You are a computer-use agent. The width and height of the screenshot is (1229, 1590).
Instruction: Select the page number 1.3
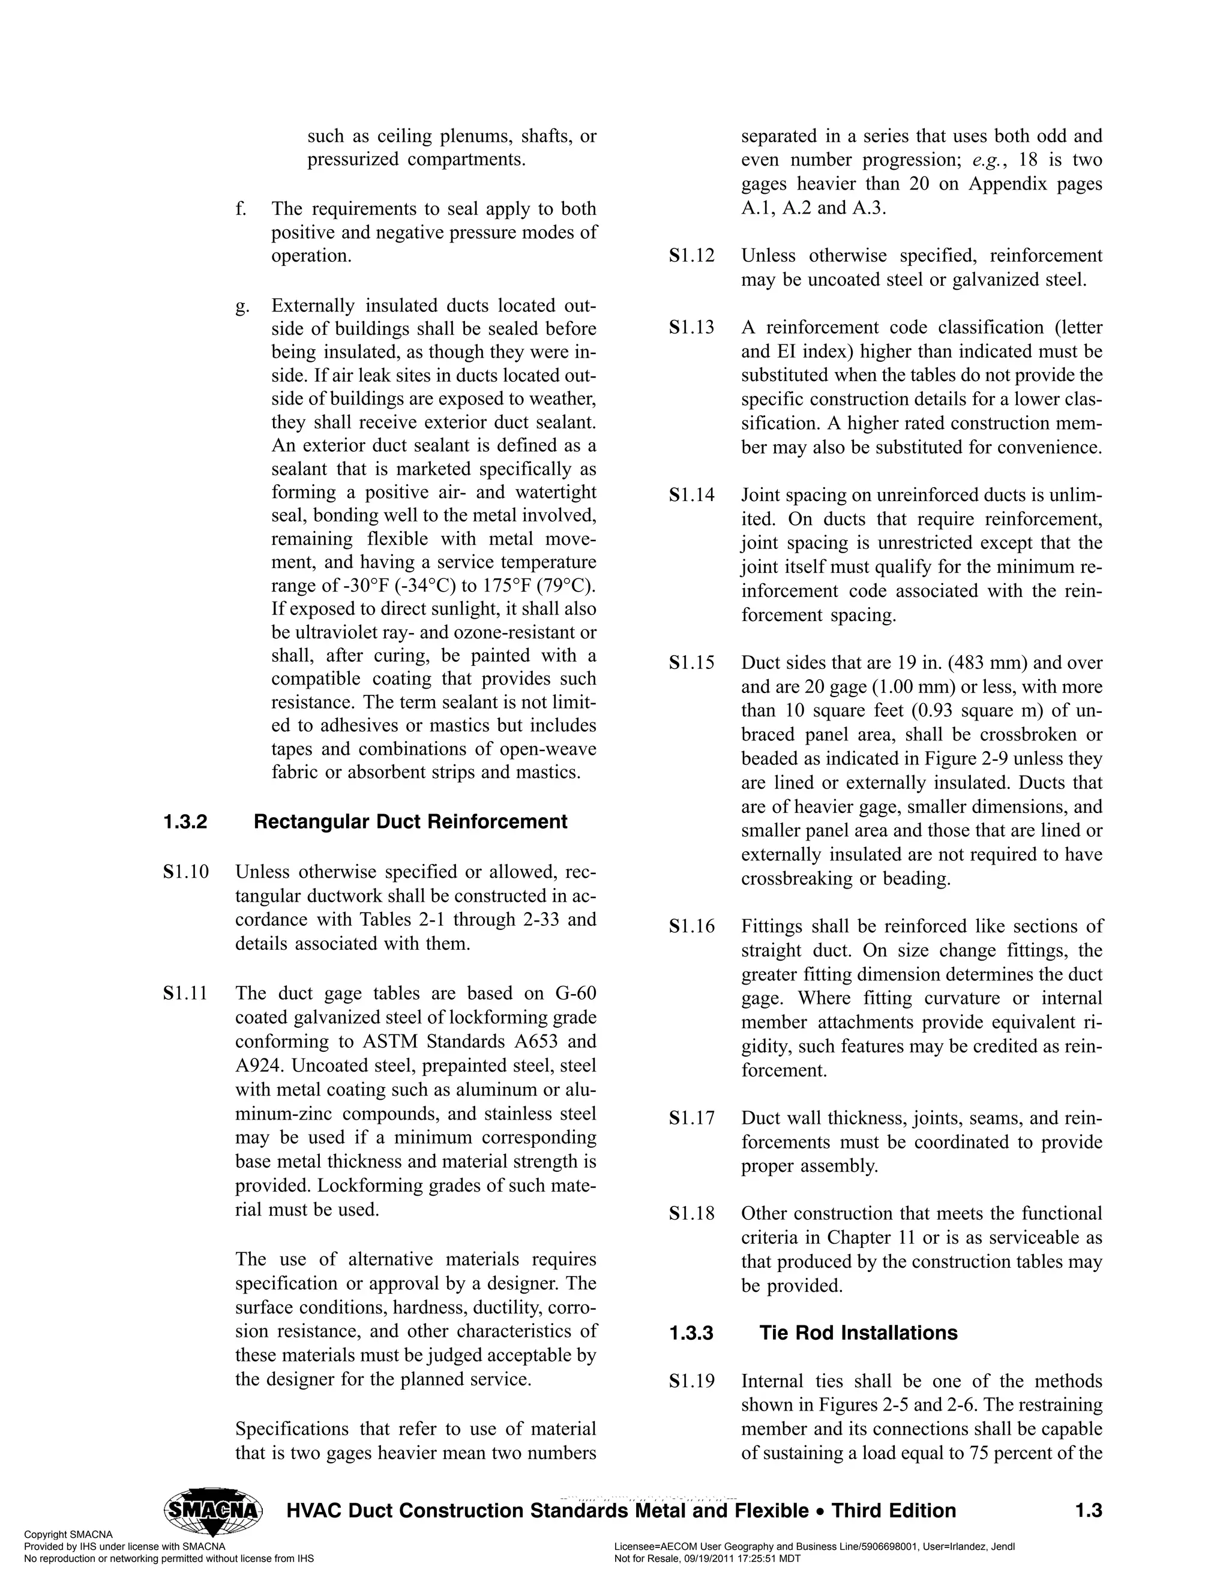[1089, 1511]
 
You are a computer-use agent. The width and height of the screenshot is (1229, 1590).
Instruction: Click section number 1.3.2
[185, 822]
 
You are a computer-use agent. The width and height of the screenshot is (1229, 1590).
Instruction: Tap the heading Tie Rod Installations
[858, 1333]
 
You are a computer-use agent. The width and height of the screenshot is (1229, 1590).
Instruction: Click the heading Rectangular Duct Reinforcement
[410, 822]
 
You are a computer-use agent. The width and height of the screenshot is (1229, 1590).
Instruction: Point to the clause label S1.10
[187, 872]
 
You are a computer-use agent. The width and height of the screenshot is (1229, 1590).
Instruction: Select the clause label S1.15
[692, 663]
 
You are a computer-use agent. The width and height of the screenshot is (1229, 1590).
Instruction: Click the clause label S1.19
[692, 1382]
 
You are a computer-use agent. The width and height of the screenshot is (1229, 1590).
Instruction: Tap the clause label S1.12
[692, 256]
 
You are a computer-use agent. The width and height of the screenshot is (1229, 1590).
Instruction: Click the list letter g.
[241, 306]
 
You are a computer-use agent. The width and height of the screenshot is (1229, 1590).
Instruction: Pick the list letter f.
[240, 209]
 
